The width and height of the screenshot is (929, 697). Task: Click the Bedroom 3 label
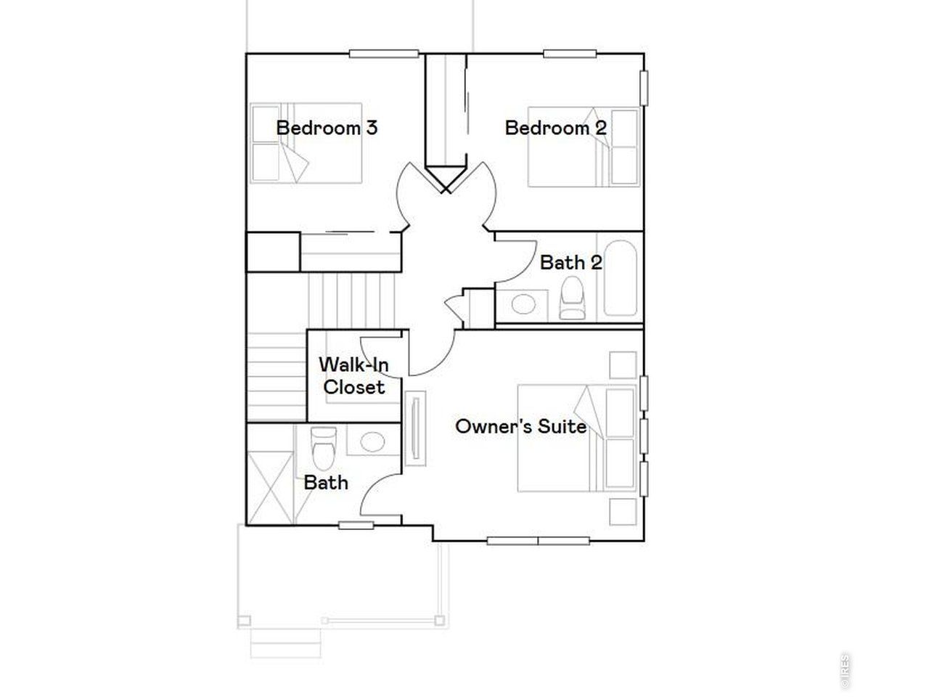327,129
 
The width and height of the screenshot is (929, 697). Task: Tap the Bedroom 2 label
555,129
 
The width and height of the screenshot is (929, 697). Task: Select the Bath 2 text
570,262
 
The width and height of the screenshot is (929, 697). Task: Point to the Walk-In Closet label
354,375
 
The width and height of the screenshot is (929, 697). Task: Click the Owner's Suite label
520,426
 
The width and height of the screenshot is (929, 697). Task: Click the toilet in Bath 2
572,300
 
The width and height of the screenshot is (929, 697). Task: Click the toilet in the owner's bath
324,446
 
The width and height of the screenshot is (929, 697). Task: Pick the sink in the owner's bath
372,441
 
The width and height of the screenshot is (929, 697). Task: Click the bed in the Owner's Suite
577,438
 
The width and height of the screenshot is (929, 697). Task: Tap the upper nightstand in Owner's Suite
623,365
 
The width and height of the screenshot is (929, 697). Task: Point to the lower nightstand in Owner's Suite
623,512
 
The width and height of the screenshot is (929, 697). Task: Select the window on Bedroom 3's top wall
384,54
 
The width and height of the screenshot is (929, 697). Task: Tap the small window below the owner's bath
356,525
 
